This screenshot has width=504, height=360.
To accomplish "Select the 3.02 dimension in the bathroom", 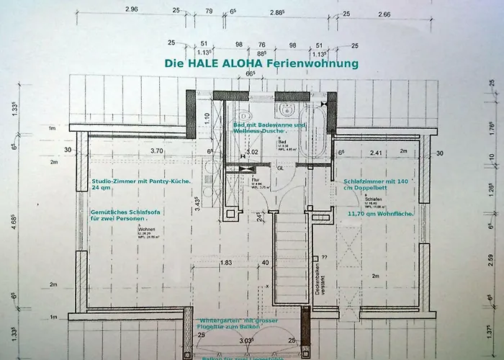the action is [x=252, y=152].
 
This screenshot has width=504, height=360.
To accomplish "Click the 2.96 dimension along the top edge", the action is [x=131, y=9].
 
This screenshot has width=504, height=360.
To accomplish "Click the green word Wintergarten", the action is [x=216, y=320].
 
